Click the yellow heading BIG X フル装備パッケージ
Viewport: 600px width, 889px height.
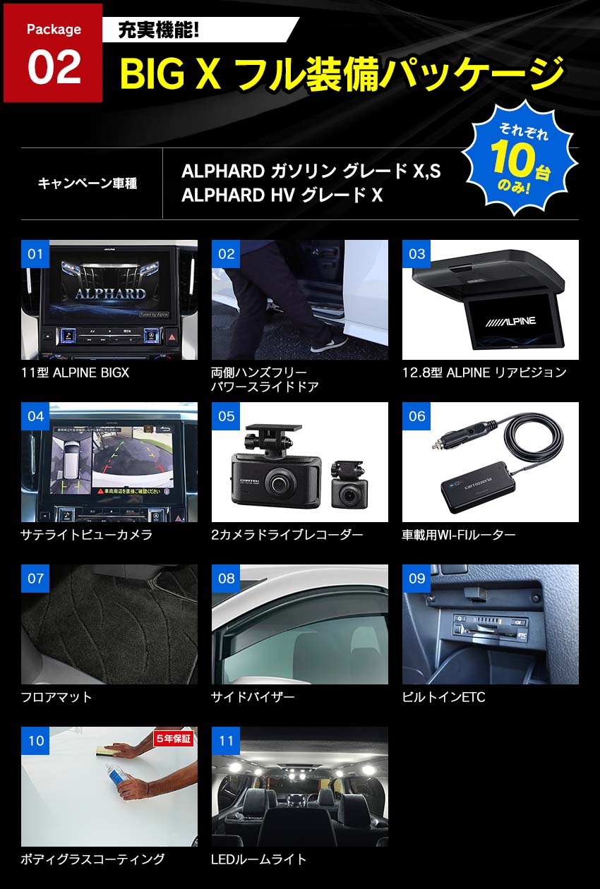tap(342, 73)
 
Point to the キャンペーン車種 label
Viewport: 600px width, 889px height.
tap(88, 183)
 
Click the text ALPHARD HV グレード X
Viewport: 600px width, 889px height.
tap(282, 195)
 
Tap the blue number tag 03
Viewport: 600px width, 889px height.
tap(416, 254)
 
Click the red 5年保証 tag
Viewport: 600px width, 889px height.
tap(173, 739)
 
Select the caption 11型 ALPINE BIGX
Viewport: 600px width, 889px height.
tap(76, 373)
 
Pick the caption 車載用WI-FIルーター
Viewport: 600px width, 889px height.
tap(459, 535)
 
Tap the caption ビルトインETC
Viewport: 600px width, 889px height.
tap(443, 697)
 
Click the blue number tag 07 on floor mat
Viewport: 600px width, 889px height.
tap(35, 579)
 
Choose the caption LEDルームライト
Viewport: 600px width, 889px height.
tap(259, 859)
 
